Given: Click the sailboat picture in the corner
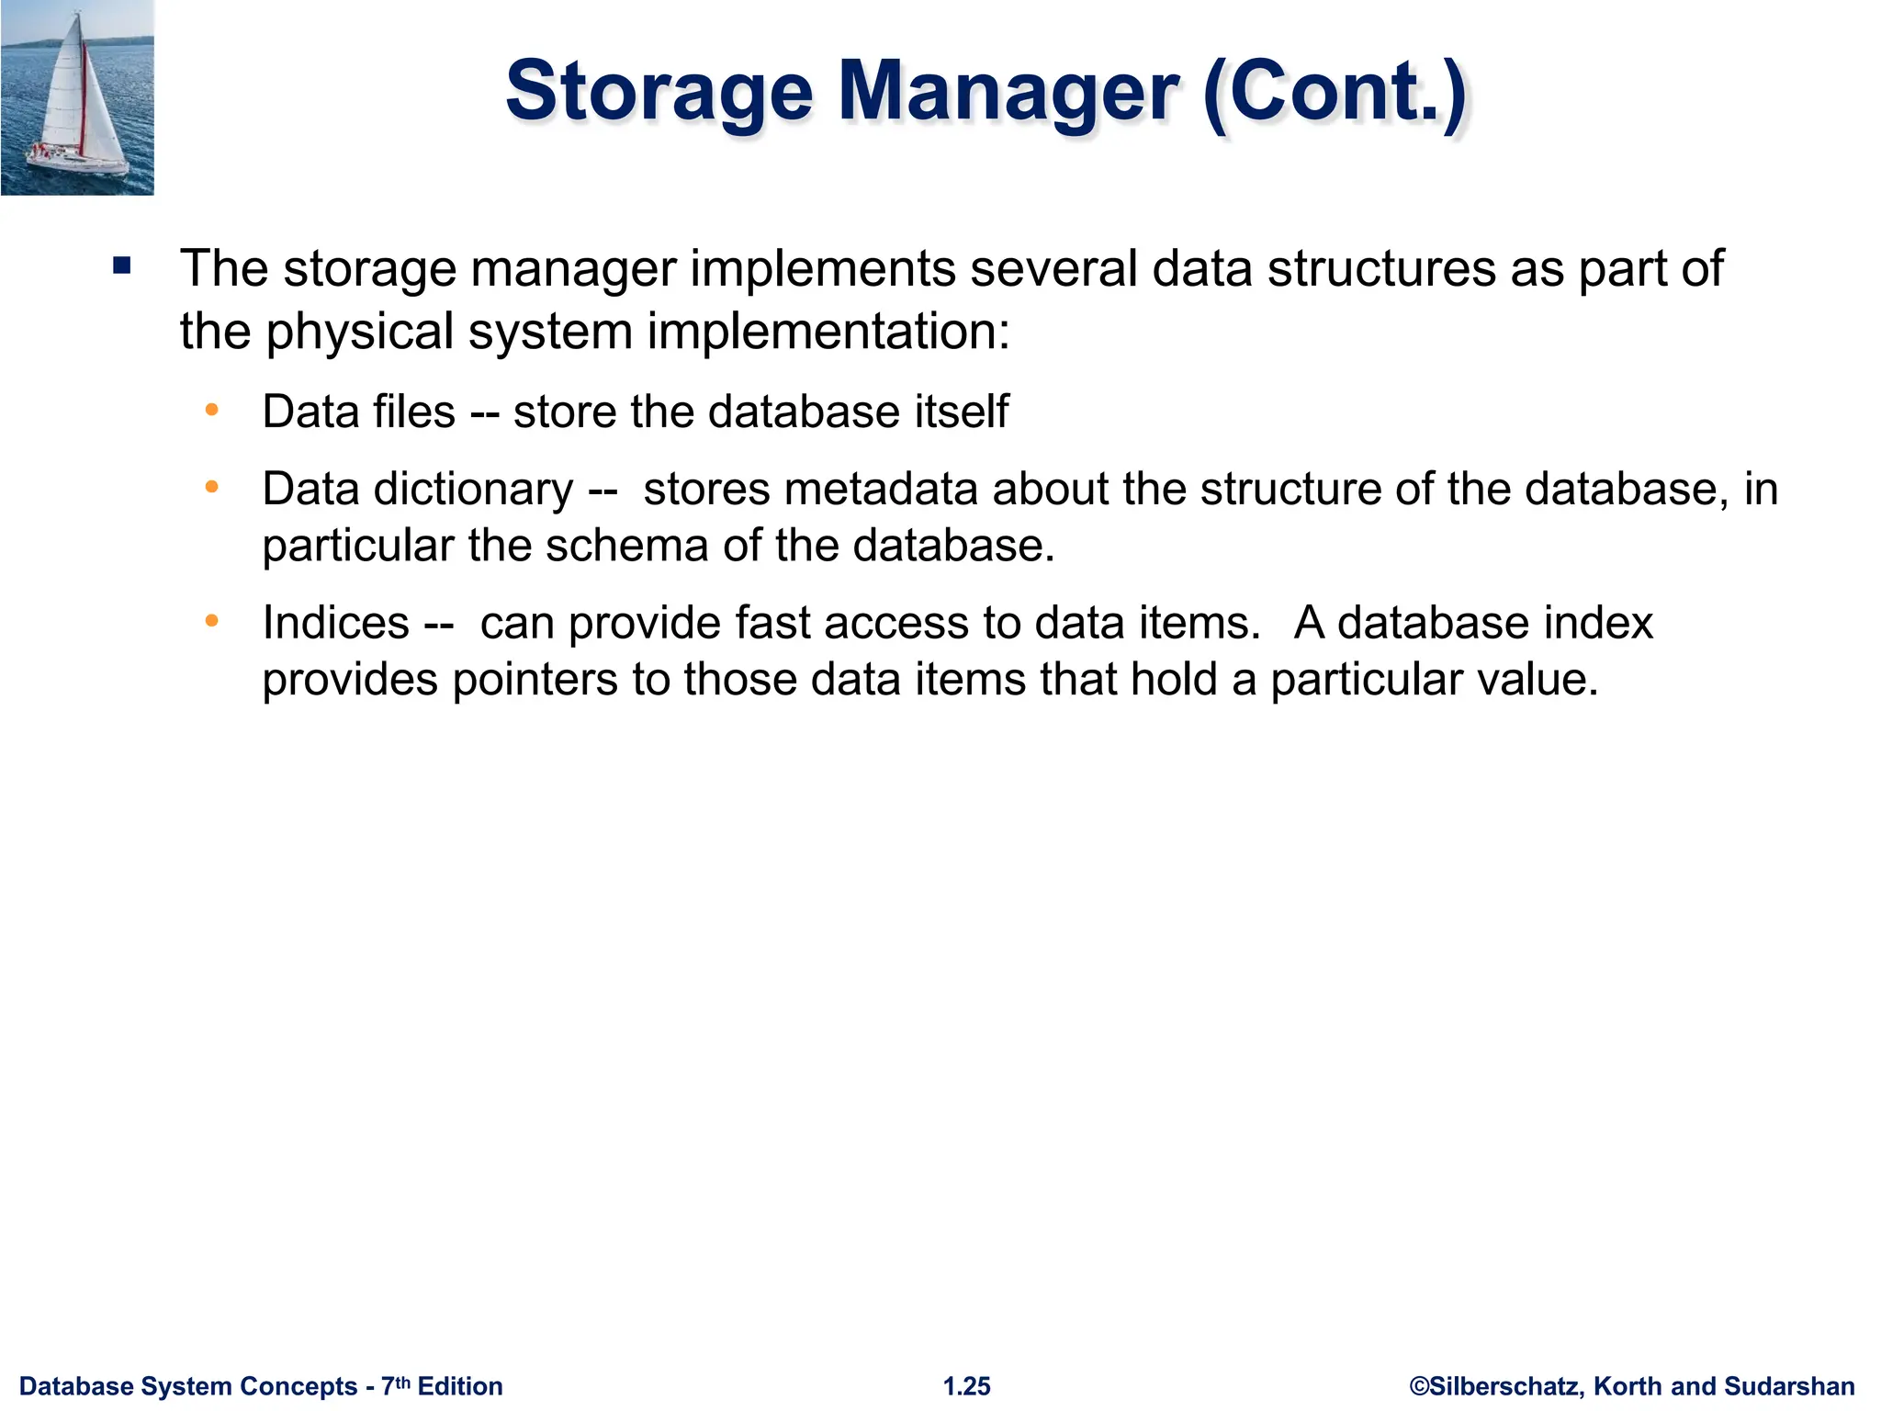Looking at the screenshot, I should (77, 97).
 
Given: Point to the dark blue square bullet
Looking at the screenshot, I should (122, 267).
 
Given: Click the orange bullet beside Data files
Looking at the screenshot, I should (212, 410).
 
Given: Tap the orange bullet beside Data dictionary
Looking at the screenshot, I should (212, 487).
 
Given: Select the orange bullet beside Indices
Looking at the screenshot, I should (212, 622).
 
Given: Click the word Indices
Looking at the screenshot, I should (335, 623).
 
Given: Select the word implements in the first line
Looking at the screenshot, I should (823, 269).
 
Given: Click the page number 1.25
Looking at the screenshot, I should (967, 1386).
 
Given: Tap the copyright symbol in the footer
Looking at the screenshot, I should (1419, 1386).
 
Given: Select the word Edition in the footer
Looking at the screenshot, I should (460, 1386).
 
